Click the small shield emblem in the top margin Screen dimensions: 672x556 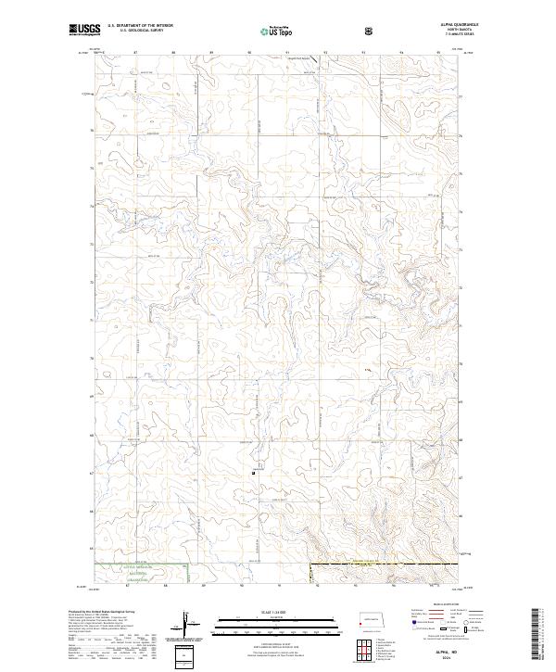(370, 31)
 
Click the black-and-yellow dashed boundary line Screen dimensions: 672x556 (371, 562)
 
